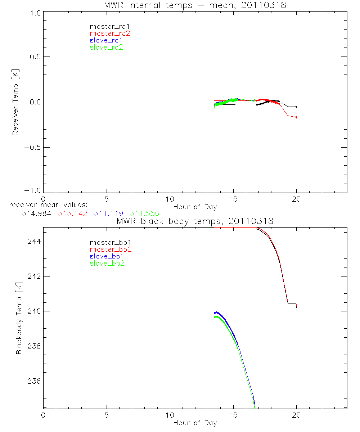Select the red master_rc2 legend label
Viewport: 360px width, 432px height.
[x=110, y=33]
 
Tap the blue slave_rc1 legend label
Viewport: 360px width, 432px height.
[x=106, y=40]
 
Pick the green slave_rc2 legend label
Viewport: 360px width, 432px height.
[x=106, y=47]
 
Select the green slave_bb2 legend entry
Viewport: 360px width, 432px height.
[x=107, y=264]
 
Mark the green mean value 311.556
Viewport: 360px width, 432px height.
[x=144, y=213]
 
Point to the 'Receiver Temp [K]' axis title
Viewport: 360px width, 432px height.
[x=15, y=102]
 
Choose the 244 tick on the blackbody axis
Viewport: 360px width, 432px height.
[x=33, y=241]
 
